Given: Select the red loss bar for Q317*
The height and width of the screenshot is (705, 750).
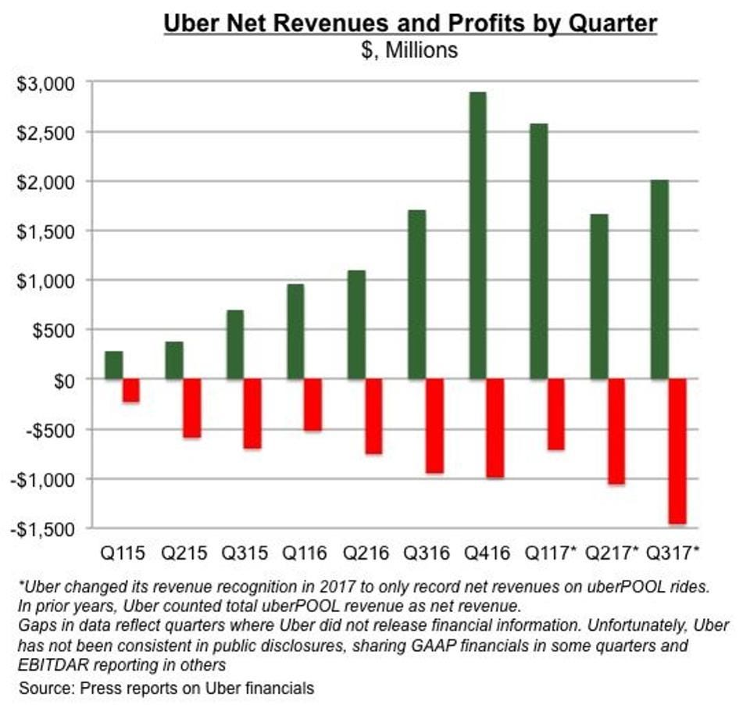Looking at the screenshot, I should tap(677, 451).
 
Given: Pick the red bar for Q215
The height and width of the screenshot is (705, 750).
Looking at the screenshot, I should tap(192, 408).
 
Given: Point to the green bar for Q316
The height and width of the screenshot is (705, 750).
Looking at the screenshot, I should tap(417, 295).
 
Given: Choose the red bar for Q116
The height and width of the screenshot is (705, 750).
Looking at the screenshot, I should tap(313, 405).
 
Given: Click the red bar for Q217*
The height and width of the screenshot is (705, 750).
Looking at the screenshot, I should tap(616, 431).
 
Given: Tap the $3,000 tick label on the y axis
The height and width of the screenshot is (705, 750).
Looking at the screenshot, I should tap(45, 83).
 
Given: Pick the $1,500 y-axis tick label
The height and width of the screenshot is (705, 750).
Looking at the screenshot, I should tap(45, 231).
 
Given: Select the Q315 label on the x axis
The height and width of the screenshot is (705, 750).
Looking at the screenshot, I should tap(245, 554).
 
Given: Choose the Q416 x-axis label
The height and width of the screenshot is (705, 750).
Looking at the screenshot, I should tap(487, 554).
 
